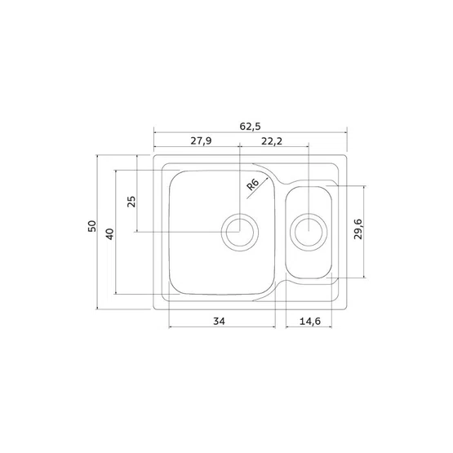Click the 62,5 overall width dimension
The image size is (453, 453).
(251, 127)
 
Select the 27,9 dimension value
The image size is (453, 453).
(201, 140)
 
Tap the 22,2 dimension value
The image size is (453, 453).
(272, 141)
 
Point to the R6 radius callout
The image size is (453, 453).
(253, 184)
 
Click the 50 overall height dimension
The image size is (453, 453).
(92, 226)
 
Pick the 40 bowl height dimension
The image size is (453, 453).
(110, 234)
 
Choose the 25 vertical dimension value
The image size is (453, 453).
(131, 202)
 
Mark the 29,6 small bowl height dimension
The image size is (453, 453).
(358, 229)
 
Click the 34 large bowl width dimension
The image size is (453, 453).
(219, 321)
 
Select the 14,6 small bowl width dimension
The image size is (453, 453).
(310, 321)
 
